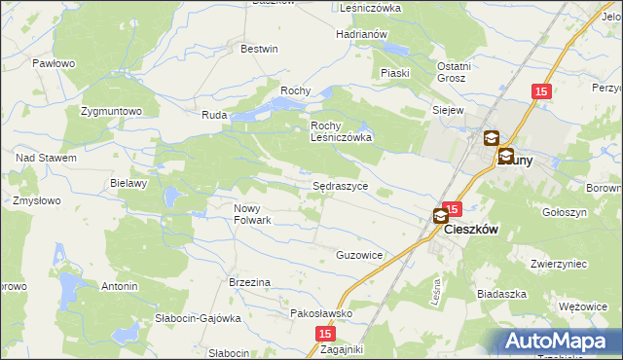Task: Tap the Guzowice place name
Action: click(x=359, y=255)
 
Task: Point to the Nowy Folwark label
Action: click(x=251, y=213)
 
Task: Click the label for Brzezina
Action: click(x=249, y=282)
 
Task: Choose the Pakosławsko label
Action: click(x=320, y=314)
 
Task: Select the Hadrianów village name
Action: click(x=361, y=34)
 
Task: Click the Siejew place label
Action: click(x=448, y=110)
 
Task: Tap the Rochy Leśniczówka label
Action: click(x=342, y=131)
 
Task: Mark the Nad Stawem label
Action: click(x=46, y=158)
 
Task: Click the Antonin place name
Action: click(x=120, y=287)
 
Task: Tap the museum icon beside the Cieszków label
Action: click(x=441, y=218)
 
